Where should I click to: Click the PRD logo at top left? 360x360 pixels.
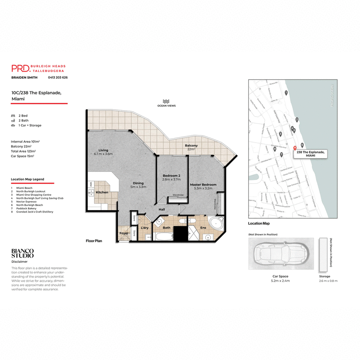21,68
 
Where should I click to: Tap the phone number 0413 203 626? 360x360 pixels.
58,78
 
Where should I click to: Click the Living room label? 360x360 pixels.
103,150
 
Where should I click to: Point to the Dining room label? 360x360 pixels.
138,183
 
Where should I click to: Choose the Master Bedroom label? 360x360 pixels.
203,184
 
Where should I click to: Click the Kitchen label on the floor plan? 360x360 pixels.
102,193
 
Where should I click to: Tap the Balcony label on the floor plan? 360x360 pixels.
191,146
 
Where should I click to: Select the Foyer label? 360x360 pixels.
124,234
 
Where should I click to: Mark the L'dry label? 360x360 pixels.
144,228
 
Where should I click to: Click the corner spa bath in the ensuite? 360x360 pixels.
216,224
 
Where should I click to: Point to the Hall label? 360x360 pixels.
161,209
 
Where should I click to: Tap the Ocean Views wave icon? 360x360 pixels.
166,101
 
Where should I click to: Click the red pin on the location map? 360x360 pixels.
295,148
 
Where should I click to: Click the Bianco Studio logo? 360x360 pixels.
22,253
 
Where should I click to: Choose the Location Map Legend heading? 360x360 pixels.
27,179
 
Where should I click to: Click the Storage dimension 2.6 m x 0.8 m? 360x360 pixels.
328,281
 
